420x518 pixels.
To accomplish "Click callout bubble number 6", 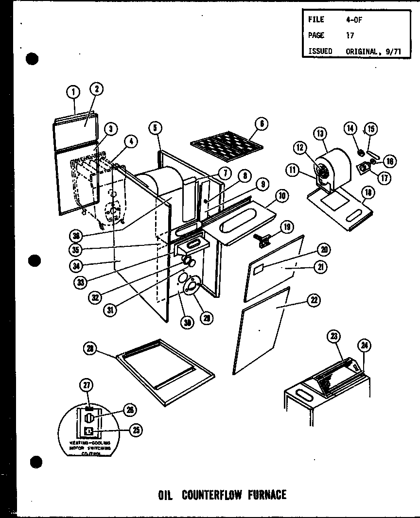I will (261, 123).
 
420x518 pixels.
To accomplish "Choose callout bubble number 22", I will (314, 301).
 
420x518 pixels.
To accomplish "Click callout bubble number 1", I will (73, 91).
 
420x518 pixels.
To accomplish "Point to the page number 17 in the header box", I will (350, 35).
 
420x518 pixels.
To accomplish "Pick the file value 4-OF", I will (353, 19).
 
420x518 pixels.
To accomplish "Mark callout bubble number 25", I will (138, 430).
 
